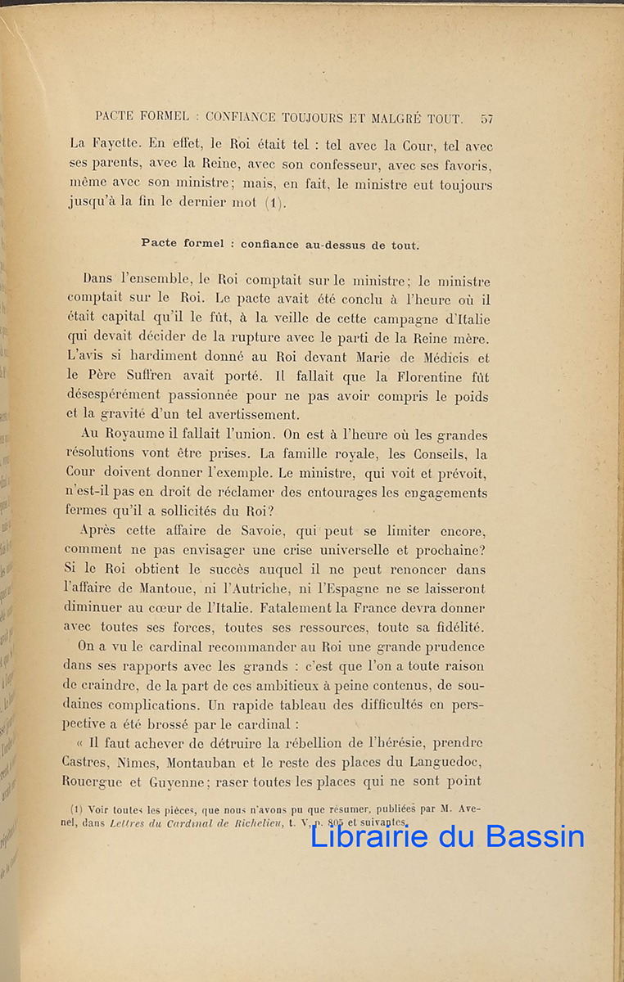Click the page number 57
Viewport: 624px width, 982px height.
click(x=486, y=119)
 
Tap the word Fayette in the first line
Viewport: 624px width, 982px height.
click(x=120, y=146)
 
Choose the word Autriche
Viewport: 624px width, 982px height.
click(x=268, y=588)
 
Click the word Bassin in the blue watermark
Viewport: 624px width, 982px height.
click(x=536, y=836)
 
